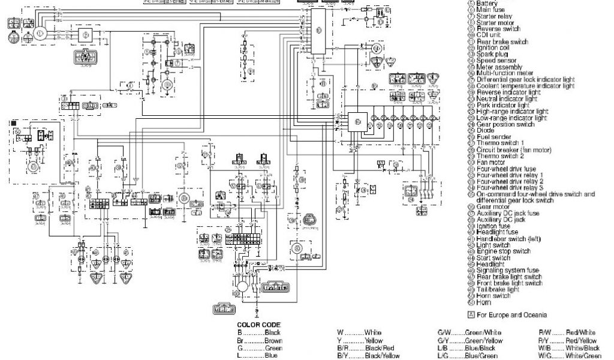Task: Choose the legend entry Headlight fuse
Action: tap(497, 232)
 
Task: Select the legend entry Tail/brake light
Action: tap(497, 289)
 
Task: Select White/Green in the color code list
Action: tap(582, 356)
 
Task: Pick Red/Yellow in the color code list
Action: tap(579, 340)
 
